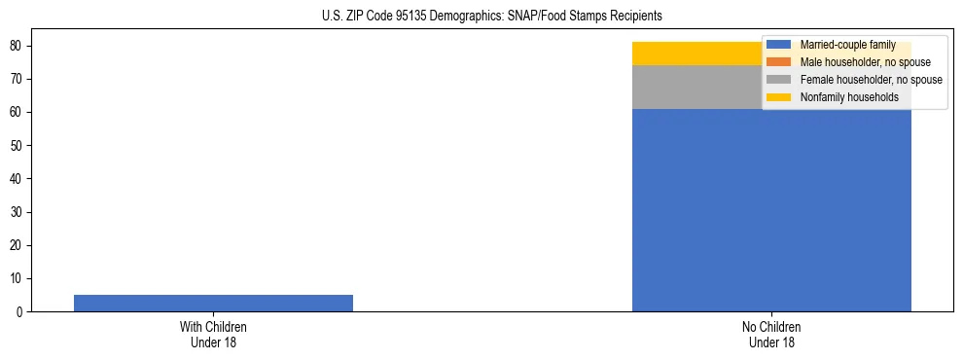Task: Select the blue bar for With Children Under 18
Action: coord(213,303)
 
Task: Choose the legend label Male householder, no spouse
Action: coord(865,62)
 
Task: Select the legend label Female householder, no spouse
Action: coord(871,80)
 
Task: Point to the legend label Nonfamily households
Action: coord(849,97)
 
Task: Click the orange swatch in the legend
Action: coord(779,62)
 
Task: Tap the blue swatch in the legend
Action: coord(779,45)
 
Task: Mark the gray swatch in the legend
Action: coord(779,80)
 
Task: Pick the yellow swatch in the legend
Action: coord(779,97)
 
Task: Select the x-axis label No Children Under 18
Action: coord(771,335)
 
